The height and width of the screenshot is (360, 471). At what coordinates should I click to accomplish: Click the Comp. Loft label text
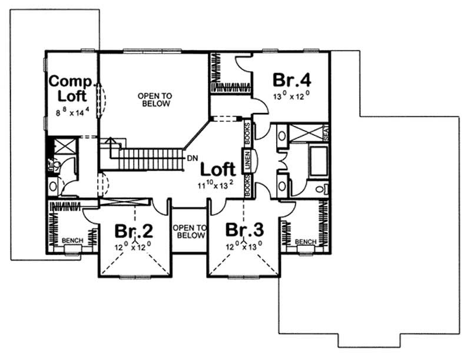(68, 88)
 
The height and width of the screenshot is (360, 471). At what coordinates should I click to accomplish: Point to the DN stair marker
(192, 158)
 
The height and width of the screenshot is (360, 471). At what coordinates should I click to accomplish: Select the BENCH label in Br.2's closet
(72, 241)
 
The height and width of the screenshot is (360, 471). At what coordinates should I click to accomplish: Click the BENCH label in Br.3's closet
(305, 242)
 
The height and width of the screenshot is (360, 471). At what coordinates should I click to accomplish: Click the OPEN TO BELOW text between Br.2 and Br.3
(189, 231)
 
